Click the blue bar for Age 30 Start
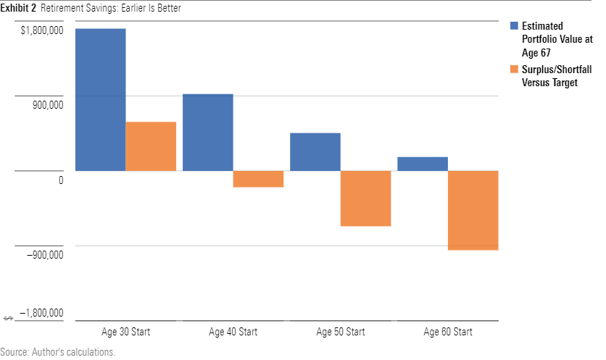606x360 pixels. click(101, 100)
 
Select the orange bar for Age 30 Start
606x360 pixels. click(151, 146)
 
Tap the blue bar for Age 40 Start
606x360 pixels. click(208, 133)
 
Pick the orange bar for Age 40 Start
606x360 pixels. click(258, 179)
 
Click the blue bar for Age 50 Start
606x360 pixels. click(315, 152)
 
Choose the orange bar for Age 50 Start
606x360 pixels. click(365, 198)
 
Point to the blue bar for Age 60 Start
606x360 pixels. click(423, 164)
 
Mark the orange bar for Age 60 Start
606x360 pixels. click(473, 210)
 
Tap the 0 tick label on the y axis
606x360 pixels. click(61, 180)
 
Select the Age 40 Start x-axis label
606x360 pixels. click(233, 332)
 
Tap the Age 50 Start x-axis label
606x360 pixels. click(340, 332)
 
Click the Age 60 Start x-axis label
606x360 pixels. click(447, 332)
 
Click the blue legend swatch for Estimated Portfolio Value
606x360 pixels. click(514, 26)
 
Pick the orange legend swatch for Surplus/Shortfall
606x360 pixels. click(514, 70)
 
